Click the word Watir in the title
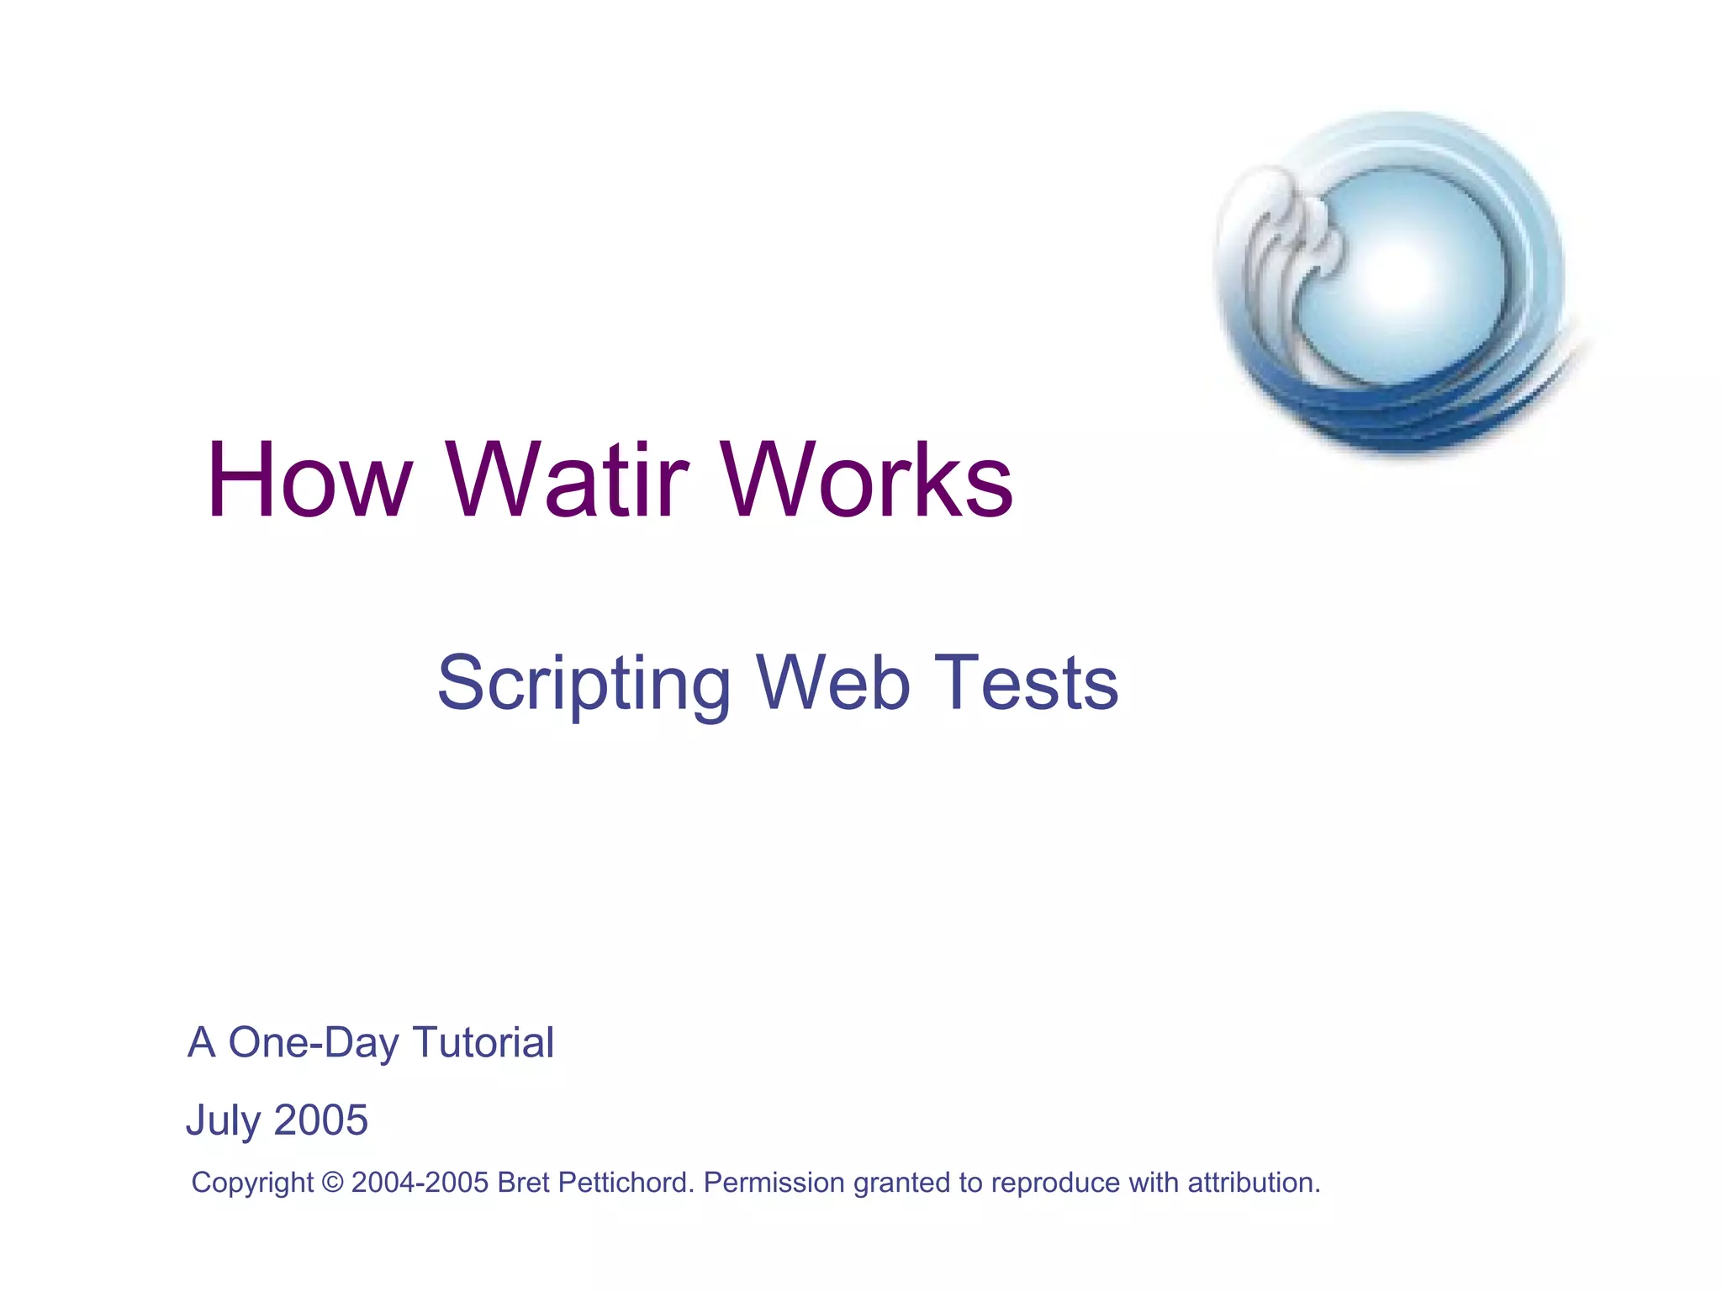(568, 480)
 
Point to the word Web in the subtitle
(832, 683)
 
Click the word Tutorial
(483, 1043)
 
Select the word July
(223, 1121)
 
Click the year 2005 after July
(321, 1120)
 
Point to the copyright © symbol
(332, 1183)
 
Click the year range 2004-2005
(420, 1183)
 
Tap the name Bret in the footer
(523, 1183)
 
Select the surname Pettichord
(626, 1183)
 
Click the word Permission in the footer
(774, 1183)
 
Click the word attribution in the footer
(1252, 1183)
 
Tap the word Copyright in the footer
(252, 1183)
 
